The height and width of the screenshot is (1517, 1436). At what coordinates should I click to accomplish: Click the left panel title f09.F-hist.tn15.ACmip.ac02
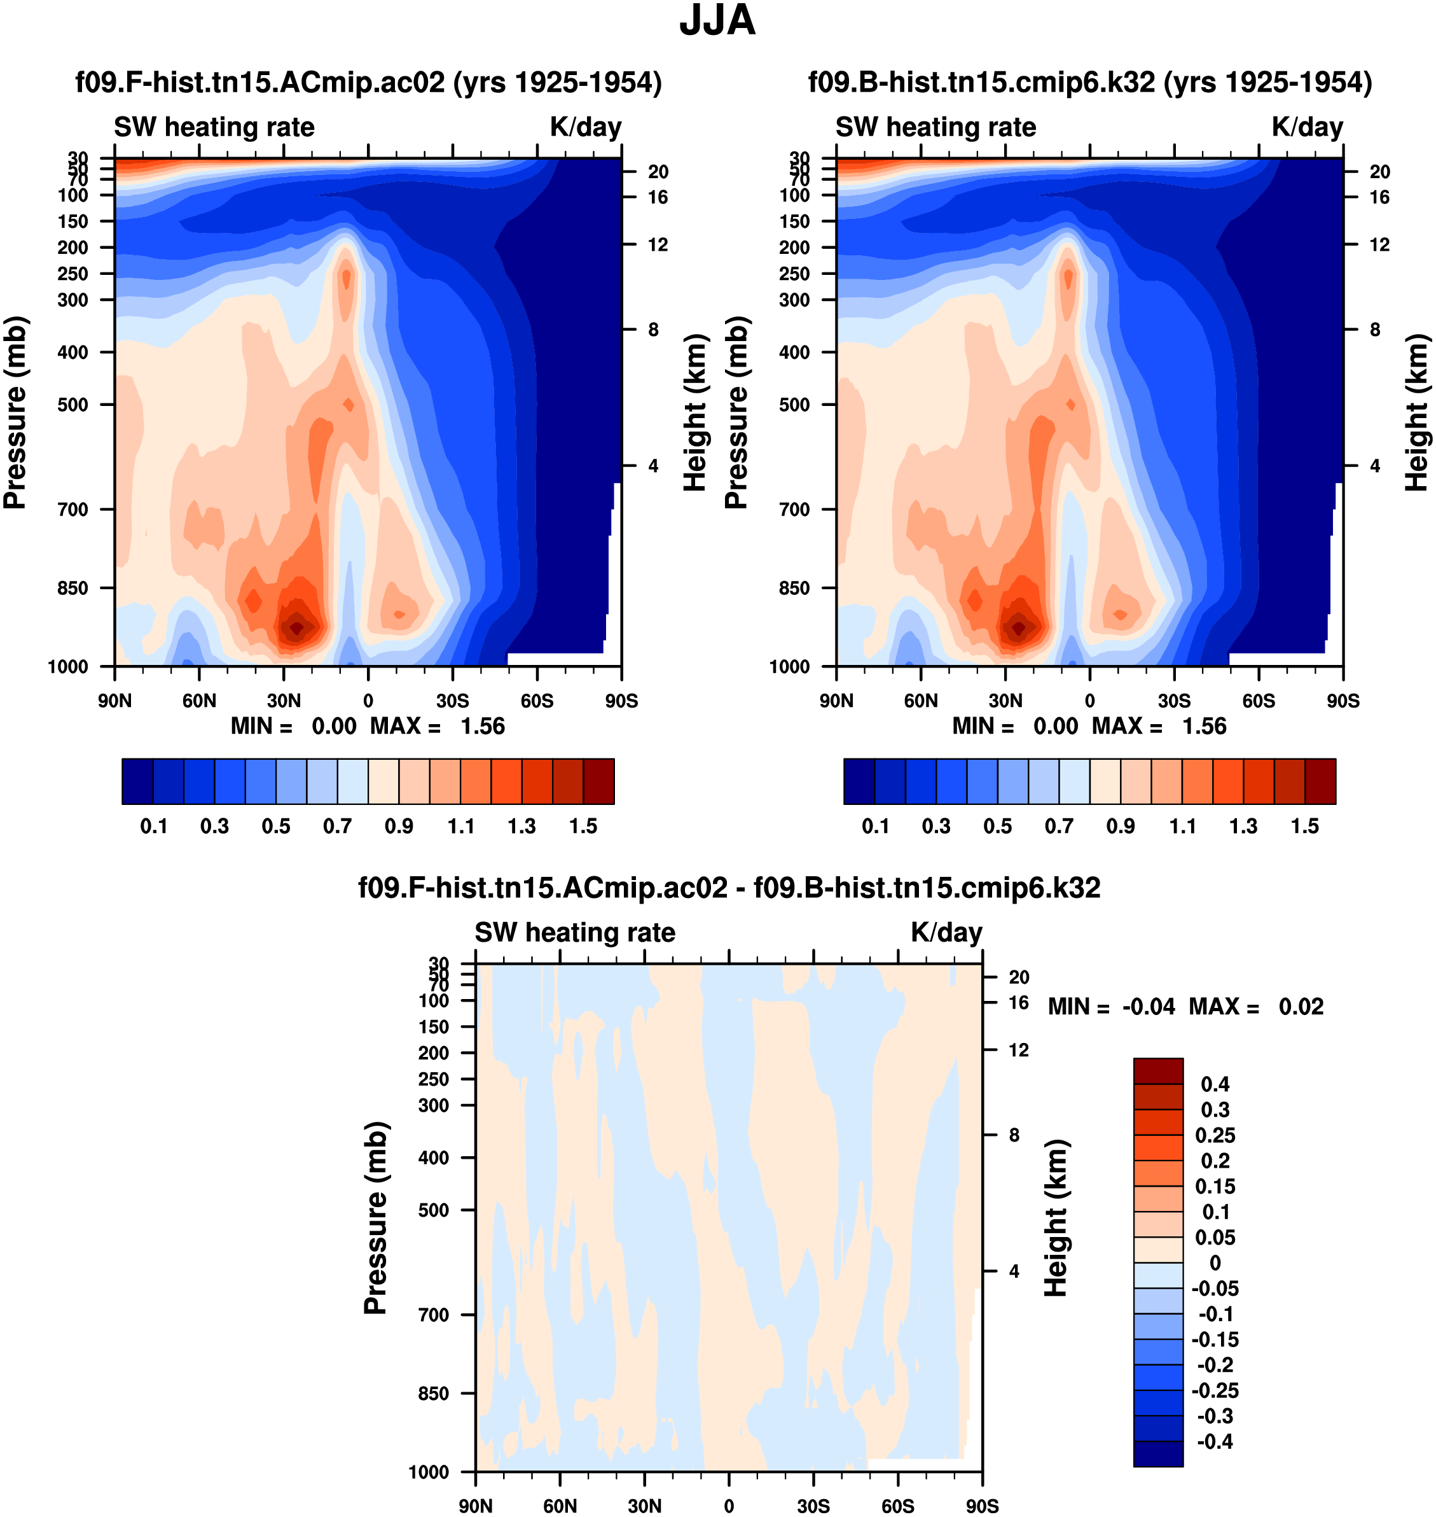pos(368,83)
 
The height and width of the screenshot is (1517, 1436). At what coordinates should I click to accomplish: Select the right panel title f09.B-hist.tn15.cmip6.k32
pos(1090,83)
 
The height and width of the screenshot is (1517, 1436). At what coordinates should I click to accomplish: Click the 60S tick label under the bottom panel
pos(897,1506)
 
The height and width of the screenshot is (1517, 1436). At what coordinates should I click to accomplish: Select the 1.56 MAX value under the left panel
pos(482,726)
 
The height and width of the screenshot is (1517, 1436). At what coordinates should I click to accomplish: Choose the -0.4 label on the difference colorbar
pos(1214,1442)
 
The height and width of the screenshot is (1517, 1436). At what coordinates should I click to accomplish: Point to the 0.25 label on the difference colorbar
pos(1215,1135)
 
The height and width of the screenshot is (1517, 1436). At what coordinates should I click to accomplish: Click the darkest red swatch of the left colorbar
pos(598,782)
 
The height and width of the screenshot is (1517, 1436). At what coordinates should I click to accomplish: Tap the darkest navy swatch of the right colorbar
pos(859,782)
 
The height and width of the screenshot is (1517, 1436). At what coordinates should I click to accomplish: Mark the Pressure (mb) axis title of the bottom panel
pos(375,1217)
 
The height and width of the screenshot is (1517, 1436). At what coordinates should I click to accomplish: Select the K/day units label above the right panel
pos(1308,127)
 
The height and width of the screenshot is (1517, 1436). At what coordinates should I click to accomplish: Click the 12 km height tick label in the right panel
pos(1379,245)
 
